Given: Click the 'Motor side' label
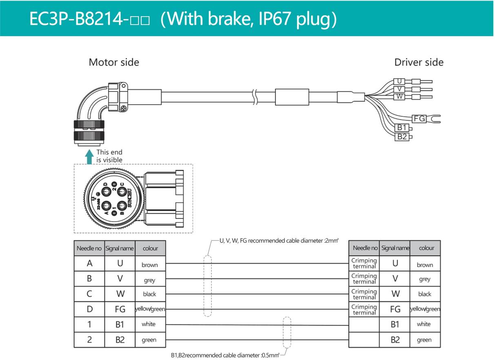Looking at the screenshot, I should [114, 62].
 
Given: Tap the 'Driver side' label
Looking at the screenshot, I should [418, 62].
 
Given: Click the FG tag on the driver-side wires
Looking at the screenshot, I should [419, 119].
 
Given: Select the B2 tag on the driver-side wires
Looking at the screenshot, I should [402, 137].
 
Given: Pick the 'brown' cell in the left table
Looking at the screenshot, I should [150, 265].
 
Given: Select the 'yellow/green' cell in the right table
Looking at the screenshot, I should [425, 309].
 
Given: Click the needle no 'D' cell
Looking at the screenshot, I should [89, 309].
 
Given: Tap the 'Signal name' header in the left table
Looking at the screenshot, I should [120, 248].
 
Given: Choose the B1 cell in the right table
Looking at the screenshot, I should [395, 324].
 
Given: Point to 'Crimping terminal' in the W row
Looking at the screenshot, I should [364, 294].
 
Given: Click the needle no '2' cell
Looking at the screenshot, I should [89, 340].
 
